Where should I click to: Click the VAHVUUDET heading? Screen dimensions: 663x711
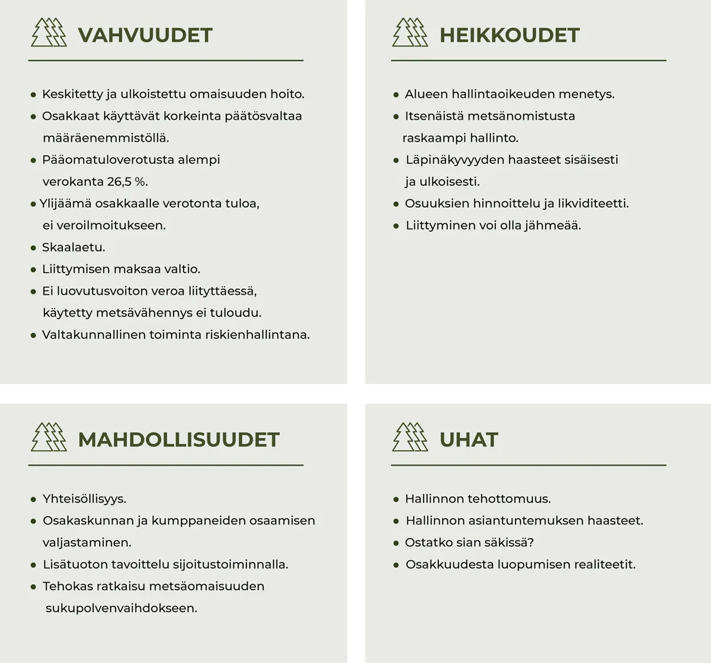coord(145,35)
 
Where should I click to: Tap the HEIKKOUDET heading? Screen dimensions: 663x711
coord(510,35)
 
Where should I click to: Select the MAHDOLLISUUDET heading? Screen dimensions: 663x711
coord(178,439)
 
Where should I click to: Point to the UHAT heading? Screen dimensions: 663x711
coord(469,439)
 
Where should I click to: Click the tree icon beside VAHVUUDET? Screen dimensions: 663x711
coord(49,33)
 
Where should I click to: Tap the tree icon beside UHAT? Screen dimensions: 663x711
coord(410,437)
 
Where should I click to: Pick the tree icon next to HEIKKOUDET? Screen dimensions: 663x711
coord(410,33)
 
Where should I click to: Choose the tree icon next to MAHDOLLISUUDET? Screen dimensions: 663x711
coord(49,437)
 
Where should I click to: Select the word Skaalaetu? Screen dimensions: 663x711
coord(73,247)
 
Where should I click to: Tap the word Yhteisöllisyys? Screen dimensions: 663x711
coord(84,499)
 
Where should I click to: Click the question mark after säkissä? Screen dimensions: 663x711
coord(531,542)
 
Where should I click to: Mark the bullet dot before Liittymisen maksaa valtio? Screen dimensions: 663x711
coord(34,270)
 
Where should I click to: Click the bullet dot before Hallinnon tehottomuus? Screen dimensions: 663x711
coord(396,499)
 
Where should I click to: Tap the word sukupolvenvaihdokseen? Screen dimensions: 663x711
coord(121,608)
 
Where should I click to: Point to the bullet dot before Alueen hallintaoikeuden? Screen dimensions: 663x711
coord(396,95)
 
